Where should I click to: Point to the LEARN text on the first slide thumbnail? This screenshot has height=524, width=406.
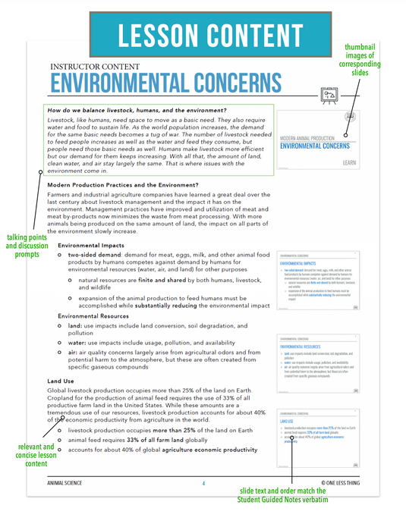[x=350, y=162]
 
